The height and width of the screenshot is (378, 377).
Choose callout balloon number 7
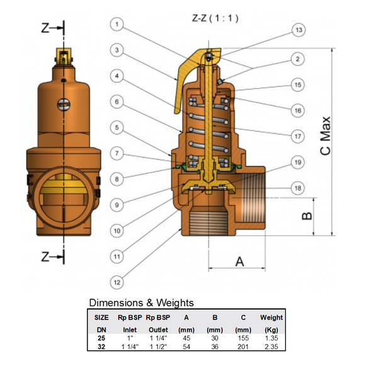[118, 153]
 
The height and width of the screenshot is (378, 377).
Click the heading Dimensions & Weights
[141, 302]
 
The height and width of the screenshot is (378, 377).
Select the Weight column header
[271, 318]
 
